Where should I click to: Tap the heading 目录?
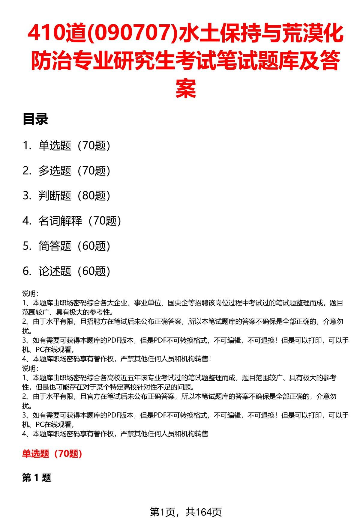[35, 120]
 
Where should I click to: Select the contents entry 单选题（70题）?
[74, 146]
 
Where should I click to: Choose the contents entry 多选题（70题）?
[74, 171]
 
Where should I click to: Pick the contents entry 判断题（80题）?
[74, 196]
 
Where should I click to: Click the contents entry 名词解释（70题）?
[80, 221]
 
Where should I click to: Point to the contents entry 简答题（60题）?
[74, 246]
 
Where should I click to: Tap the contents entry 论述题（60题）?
[74, 271]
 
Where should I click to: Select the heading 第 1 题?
[37, 478]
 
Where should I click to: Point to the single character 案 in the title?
[186, 88]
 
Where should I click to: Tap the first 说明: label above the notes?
[30, 293]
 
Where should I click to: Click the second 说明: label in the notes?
[30, 368]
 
